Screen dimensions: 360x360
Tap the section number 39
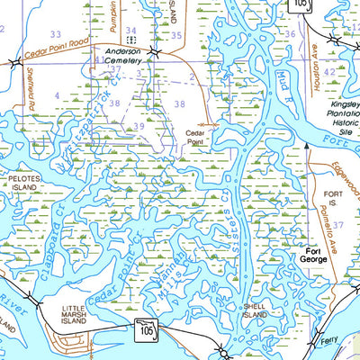(x=139, y=126)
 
